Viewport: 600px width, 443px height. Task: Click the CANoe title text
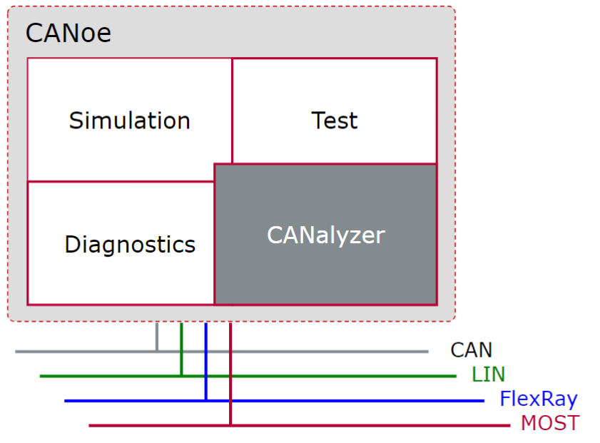(68, 33)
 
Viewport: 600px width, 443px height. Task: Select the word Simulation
(130, 121)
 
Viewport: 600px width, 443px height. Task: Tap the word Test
(334, 121)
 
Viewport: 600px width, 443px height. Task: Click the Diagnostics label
(130, 245)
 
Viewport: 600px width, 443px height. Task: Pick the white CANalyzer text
(326, 235)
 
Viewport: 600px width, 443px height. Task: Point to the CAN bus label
(472, 350)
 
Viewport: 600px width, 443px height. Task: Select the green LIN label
(488, 375)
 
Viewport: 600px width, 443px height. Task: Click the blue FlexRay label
(538, 399)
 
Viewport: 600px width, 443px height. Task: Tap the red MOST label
(549, 423)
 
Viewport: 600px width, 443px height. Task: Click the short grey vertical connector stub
(157, 337)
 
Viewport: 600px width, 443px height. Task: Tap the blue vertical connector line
(205, 360)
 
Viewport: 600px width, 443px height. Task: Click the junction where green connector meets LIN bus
(181, 375)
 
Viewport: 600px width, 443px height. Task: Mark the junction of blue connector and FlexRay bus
(205, 400)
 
